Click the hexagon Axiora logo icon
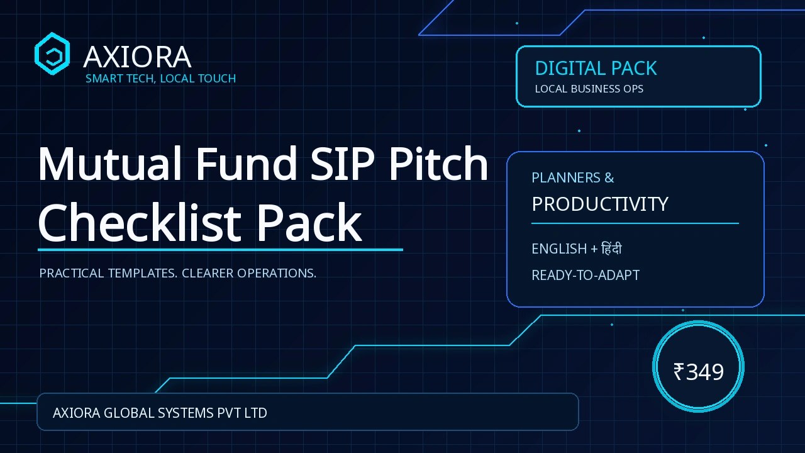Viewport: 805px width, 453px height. (x=52, y=53)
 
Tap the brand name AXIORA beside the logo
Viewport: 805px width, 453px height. (x=137, y=57)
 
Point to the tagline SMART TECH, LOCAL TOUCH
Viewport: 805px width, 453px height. (x=160, y=79)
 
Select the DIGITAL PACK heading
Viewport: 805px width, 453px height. (x=596, y=68)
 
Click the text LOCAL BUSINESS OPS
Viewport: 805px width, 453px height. (x=589, y=89)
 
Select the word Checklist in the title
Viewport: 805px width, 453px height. (x=140, y=223)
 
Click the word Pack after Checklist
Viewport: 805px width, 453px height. (x=309, y=223)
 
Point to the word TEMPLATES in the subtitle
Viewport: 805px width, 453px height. (x=143, y=273)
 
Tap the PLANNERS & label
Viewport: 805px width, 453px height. (x=573, y=177)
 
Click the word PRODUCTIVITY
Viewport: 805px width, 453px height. (x=600, y=204)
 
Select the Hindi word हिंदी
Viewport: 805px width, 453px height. (x=611, y=249)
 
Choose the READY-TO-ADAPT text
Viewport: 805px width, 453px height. (x=586, y=276)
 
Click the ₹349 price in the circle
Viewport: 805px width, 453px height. (x=698, y=372)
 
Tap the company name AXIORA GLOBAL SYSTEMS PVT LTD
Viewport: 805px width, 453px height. (x=160, y=413)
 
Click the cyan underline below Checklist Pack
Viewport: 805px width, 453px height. (x=220, y=250)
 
